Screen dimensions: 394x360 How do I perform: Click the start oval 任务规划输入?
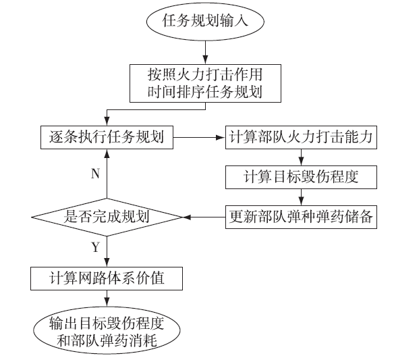(x=205, y=21)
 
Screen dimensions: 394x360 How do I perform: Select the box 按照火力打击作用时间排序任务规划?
(x=205, y=83)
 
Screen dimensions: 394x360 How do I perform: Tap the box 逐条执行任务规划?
(x=107, y=137)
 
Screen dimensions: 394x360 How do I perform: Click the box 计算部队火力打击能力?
(x=301, y=137)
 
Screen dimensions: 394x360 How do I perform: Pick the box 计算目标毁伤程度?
(x=301, y=177)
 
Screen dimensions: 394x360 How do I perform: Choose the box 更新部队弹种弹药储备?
(x=301, y=217)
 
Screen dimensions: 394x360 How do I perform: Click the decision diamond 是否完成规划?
(x=107, y=217)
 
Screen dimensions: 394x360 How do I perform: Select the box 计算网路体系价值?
(x=107, y=278)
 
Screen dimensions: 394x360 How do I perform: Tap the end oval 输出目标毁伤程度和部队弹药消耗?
(x=107, y=330)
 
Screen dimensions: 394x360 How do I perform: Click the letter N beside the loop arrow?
(x=95, y=174)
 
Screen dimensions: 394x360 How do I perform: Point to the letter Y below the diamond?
(x=96, y=247)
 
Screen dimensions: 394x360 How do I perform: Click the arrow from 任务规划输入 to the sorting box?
(x=205, y=52)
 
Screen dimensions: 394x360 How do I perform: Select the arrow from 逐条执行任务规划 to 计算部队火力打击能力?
(x=199, y=137)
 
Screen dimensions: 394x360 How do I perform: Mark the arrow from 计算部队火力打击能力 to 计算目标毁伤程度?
(x=301, y=157)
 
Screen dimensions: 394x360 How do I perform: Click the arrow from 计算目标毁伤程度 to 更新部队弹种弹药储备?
(x=301, y=197)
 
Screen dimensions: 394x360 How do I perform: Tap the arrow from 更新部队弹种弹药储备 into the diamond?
(x=204, y=217)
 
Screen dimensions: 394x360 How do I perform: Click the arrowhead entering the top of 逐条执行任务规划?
(x=107, y=122)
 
